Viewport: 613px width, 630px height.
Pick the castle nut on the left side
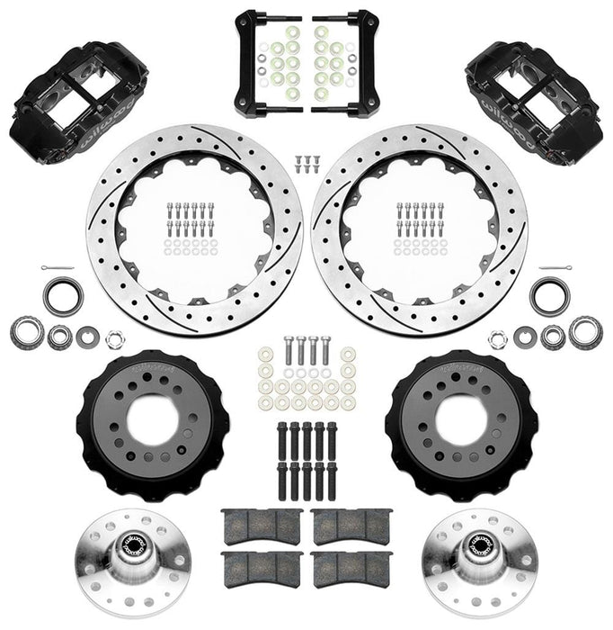[x=114, y=340]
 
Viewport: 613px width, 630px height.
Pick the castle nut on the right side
[x=497, y=340]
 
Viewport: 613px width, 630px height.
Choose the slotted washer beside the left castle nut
[x=88, y=337]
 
